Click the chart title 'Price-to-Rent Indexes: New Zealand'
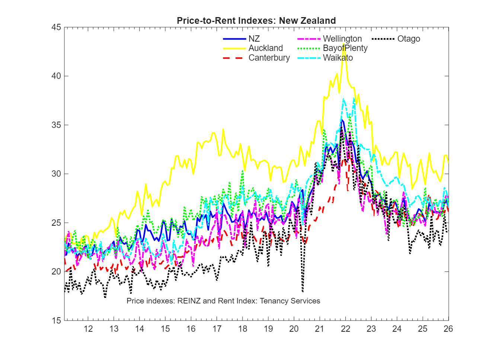256,21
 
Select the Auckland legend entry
265,48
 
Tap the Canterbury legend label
269,58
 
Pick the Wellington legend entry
342,39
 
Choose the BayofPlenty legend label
345,48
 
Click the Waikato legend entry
337,58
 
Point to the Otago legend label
409,39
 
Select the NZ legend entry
254,39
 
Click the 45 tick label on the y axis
56,28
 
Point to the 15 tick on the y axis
56,321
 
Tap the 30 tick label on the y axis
56,174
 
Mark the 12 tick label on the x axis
88,329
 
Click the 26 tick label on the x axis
448,329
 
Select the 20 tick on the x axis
294,329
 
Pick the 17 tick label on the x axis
217,329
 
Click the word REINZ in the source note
189,301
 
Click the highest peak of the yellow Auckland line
344,44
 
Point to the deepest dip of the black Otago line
303,291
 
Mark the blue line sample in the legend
234,39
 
